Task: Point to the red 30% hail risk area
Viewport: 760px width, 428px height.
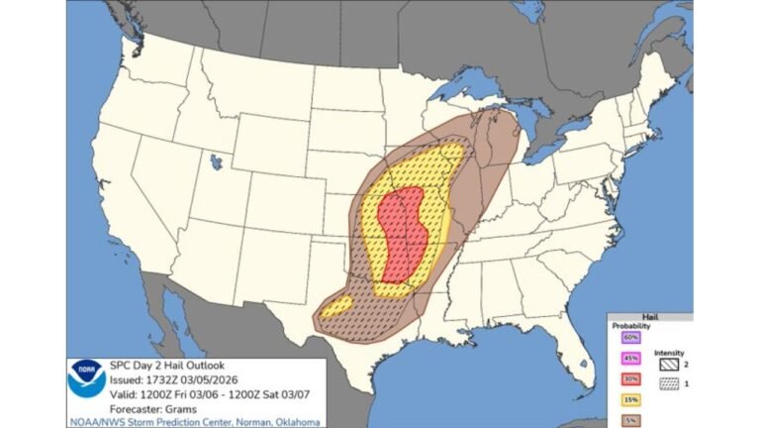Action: [401, 233]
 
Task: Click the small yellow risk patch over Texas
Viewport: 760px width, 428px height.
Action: [337, 306]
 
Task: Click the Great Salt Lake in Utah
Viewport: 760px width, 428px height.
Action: [216, 159]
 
